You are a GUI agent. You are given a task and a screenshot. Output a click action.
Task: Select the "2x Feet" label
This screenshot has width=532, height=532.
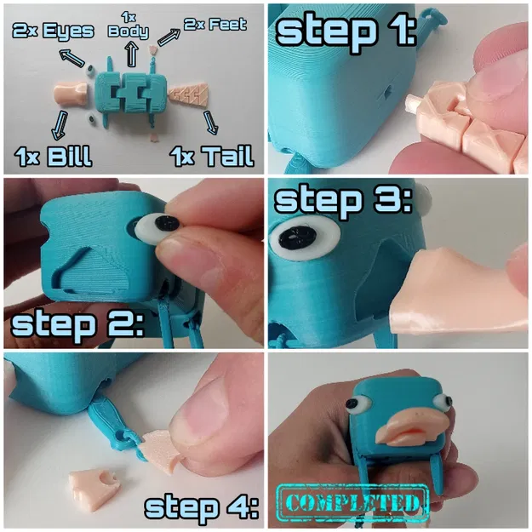(x=214, y=25)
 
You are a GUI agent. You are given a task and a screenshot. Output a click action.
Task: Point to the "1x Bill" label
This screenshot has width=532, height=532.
(x=53, y=156)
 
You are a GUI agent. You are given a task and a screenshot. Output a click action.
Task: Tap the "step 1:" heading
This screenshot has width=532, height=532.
(x=345, y=31)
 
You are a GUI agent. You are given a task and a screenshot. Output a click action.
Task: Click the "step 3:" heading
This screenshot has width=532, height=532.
(x=340, y=201)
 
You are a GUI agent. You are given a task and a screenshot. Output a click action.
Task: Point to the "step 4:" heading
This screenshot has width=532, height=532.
(x=201, y=506)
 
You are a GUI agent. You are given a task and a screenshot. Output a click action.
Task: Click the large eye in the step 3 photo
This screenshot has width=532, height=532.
(x=301, y=240)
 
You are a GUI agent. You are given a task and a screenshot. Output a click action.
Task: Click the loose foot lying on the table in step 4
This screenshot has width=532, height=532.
(x=94, y=488)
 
